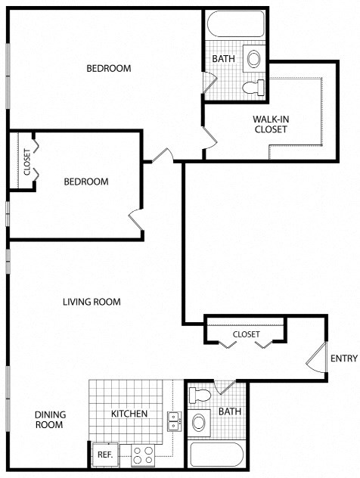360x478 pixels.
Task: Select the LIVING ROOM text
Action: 92,302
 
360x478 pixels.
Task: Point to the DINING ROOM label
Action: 51,420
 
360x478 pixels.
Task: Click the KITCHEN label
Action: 129,414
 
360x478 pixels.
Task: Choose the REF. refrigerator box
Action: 104,455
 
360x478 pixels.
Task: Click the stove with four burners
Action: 143,455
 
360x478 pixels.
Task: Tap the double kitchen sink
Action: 173,421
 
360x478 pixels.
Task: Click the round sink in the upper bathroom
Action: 255,58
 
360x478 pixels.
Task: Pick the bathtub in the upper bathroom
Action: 234,26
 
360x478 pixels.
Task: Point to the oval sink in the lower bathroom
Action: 200,421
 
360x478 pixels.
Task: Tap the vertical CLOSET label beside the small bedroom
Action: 27,162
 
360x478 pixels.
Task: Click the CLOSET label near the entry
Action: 246,334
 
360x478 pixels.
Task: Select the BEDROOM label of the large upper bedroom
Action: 108,68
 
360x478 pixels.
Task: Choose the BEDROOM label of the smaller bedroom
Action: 85,182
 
